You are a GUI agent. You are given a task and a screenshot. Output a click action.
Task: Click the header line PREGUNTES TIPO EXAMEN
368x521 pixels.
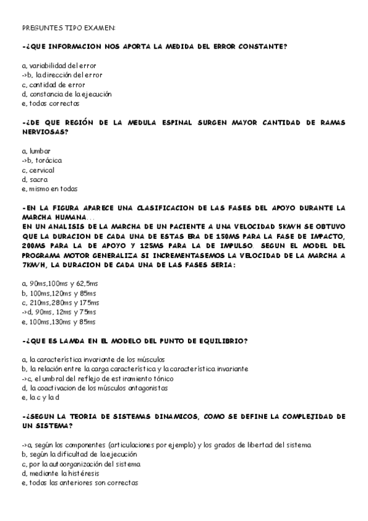68,28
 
